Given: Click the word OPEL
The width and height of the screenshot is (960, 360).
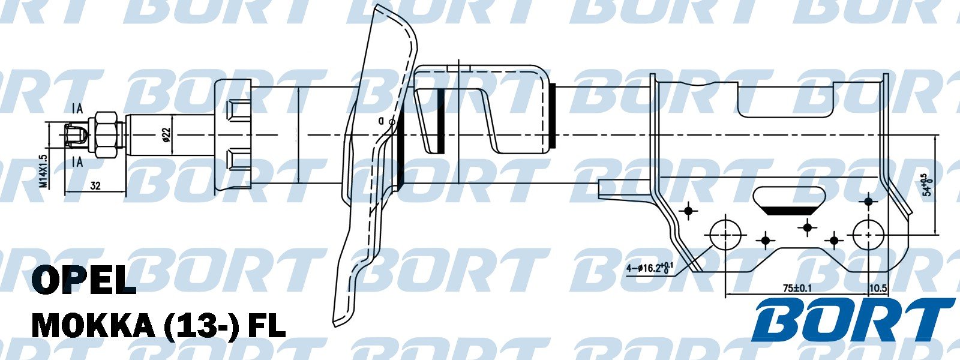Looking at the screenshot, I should point(84,280).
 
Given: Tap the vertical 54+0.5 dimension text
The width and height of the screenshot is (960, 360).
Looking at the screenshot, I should point(928,185).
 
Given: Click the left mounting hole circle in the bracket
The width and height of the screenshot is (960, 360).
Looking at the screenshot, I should point(726,235).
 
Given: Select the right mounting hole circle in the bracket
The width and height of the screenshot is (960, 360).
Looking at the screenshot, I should point(869,235).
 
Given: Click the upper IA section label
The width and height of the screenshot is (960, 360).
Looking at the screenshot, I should point(77,109).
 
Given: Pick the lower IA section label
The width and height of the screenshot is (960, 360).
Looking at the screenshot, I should point(77,161).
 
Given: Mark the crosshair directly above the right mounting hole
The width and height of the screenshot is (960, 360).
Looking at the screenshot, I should point(868,202).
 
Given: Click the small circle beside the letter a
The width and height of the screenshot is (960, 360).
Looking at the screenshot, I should point(392,122).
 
